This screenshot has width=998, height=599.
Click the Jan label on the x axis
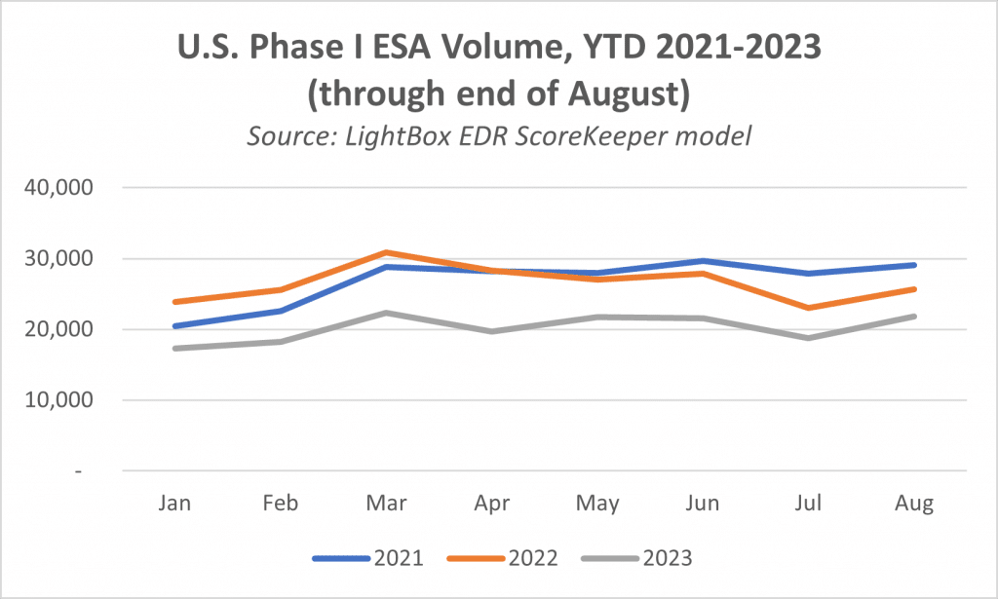tap(175, 505)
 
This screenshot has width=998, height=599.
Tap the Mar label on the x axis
tap(387, 505)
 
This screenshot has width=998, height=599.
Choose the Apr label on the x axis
tap(492, 505)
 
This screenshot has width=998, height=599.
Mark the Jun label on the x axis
tap(703, 505)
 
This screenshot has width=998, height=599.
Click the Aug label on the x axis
tap(914, 505)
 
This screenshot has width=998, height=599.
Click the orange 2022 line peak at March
tap(387, 252)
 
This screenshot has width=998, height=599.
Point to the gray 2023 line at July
tap(809, 338)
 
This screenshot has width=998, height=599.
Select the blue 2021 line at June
tap(703, 261)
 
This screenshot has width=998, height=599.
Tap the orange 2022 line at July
tap(809, 308)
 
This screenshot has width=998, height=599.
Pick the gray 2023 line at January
tap(175, 348)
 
